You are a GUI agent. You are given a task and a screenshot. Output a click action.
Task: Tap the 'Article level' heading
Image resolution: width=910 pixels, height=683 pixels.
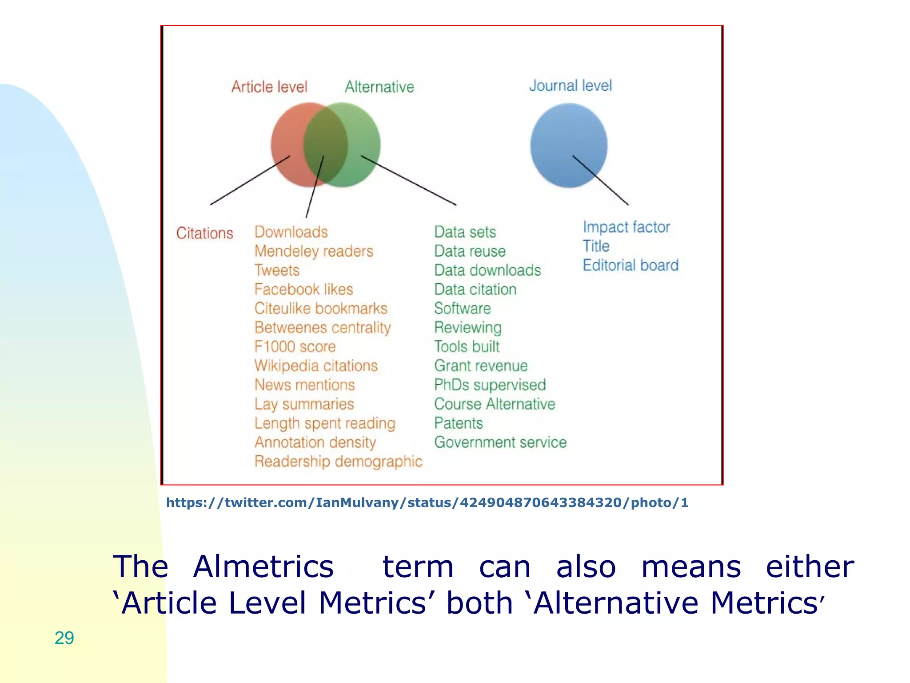(x=269, y=87)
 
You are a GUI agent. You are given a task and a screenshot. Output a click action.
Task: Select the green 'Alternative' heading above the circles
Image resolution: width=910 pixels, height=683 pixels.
(x=379, y=87)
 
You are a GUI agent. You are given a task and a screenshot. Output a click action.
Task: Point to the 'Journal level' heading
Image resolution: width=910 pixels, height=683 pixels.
(x=571, y=85)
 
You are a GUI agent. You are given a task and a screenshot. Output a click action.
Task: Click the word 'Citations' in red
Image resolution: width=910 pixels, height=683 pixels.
(x=204, y=233)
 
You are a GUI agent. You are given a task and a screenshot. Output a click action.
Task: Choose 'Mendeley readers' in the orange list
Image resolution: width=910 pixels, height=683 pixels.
(x=314, y=251)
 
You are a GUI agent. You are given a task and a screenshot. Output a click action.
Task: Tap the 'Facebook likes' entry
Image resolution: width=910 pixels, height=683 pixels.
(x=303, y=289)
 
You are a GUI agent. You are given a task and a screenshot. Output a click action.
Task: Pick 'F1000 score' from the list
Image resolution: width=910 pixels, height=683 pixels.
(x=295, y=347)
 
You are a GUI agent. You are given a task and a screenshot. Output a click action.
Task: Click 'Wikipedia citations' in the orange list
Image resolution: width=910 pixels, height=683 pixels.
(x=316, y=366)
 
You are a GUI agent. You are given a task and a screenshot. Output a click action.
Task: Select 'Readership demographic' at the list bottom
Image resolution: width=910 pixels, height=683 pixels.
(x=338, y=462)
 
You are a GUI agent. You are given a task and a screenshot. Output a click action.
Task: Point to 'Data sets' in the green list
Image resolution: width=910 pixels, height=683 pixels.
(x=465, y=232)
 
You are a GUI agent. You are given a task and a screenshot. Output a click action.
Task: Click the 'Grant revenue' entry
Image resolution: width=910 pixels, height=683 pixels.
(x=481, y=366)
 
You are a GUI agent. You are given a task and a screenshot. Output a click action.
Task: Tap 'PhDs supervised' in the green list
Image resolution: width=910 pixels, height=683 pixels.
(x=490, y=385)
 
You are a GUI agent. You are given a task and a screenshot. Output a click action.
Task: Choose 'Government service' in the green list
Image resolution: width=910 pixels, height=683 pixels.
(x=500, y=442)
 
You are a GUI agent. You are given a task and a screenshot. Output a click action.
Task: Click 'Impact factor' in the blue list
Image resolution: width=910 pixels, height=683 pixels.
(x=626, y=227)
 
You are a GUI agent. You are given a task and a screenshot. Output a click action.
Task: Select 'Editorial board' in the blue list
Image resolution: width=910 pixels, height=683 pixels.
(x=631, y=265)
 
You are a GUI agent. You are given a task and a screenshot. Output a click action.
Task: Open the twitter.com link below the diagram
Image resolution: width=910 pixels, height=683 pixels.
(x=427, y=503)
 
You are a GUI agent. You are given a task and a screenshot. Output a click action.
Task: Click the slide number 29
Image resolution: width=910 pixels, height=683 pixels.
(x=64, y=638)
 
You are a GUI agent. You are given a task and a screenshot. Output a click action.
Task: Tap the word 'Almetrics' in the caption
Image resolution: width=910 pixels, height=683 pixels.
(x=263, y=567)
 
